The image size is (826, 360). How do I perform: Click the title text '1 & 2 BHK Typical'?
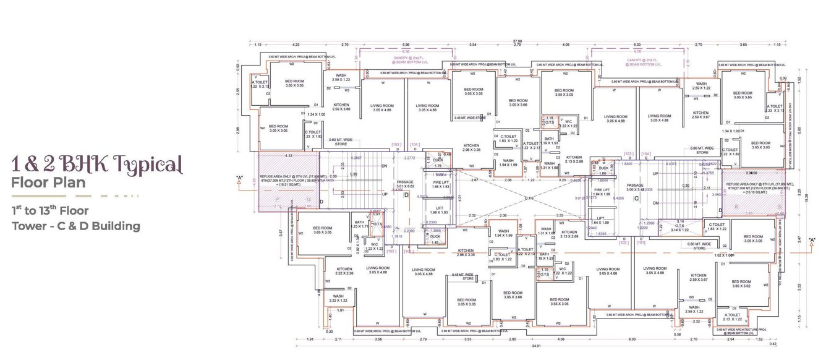97,165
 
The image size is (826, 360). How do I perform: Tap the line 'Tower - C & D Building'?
75,226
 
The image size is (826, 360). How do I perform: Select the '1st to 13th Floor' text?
50,210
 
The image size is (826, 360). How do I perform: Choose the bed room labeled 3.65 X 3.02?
741,284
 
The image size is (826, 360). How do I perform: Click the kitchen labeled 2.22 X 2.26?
344,271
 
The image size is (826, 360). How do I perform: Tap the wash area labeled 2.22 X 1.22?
338,298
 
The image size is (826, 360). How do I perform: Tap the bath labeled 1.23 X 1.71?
360,225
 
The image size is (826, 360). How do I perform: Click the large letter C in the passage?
636,198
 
